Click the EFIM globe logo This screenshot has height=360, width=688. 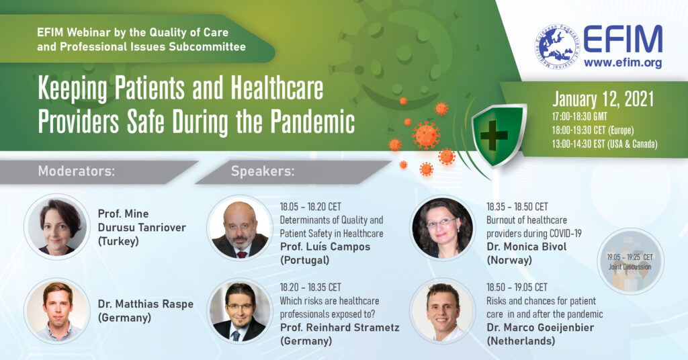[557, 46]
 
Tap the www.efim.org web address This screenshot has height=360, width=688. [623, 63]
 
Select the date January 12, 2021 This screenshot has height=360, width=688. [603, 100]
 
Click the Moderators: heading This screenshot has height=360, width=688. [77, 171]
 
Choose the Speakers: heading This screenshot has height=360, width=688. [263, 171]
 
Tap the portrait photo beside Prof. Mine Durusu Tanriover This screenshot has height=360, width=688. [57, 227]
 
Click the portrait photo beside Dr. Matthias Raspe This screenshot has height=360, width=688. [57, 311]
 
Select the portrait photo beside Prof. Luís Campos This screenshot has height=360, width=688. [240, 228]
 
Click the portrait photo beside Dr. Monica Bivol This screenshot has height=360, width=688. [443, 228]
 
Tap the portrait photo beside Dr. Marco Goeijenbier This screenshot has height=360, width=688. [443, 311]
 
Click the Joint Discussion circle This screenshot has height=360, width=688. [630, 261]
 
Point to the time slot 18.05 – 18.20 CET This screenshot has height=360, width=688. [310, 206]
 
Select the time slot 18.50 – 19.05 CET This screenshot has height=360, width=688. [517, 287]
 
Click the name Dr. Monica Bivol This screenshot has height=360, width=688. [527, 246]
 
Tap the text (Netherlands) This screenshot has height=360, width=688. [521, 341]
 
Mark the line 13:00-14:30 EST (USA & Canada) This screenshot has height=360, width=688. [605, 144]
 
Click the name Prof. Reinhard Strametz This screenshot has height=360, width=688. [339, 327]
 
